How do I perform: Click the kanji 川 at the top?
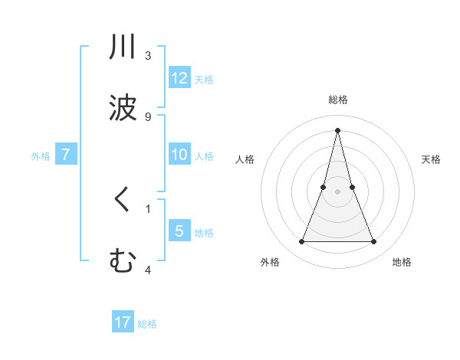pyautogui.click(x=122, y=47)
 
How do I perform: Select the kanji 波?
pyautogui.click(x=122, y=107)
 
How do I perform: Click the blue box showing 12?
pyautogui.click(x=179, y=78)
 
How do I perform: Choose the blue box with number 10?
pyautogui.click(x=179, y=155)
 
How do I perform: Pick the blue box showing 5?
pyautogui.click(x=179, y=231)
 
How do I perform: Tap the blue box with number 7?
pyautogui.click(x=66, y=155)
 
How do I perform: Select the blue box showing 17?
pyautogui.click(x=123, y=322)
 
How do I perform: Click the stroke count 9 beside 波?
pyautogui.click(x=148, y=116)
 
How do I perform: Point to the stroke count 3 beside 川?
pyautogui.click(x=148, y=56)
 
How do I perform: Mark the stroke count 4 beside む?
pyautogui.click(x=148, y=270)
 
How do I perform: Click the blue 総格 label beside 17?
pyautogui.click(x=147, y=324)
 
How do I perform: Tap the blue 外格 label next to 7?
pyautogui.click(x=41, y=155)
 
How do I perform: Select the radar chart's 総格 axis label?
pyautogui.click(x=337, y=100)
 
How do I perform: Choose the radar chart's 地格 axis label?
pyautogui.click(x=402, y=262)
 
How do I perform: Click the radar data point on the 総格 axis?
pyautogui.click(x=337, y=129)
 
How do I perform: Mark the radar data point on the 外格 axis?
pyautogui.click(x=301, y=242)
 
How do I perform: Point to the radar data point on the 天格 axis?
pyautogui.click(x=352, y=187)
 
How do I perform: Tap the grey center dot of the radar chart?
pyautogui.click(x=337, y=191)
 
